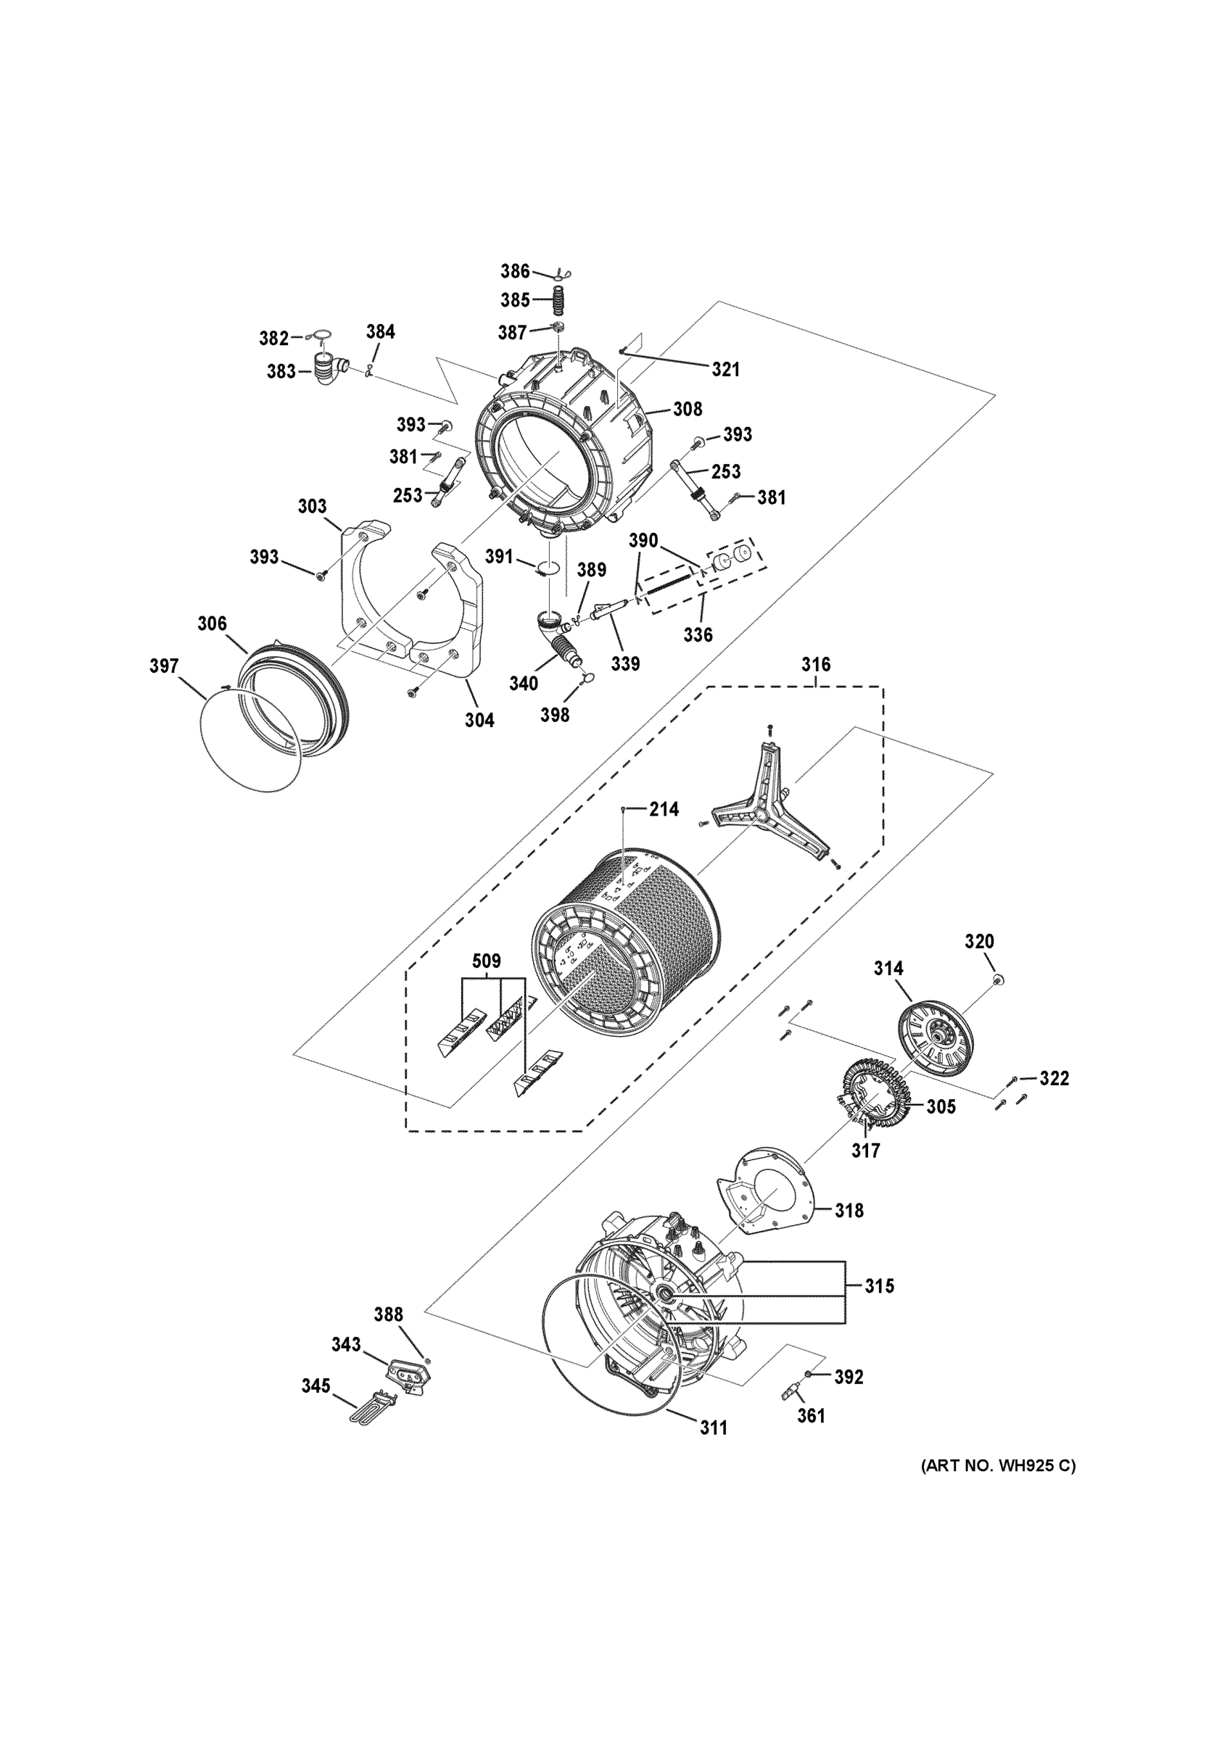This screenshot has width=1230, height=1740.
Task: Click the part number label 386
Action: pos(515,271)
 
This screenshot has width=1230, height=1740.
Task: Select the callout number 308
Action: pos(688,409)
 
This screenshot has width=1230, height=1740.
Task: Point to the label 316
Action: pos(815,665)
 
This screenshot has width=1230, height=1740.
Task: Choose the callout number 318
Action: pos(849,1210)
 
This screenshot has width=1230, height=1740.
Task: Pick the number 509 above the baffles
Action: pos(487,961)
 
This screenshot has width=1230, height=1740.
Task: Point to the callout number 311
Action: pos(713,1428)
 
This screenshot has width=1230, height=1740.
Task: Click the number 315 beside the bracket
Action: pos(879,1285)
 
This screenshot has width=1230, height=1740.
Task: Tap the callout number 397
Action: pos(164,666)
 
